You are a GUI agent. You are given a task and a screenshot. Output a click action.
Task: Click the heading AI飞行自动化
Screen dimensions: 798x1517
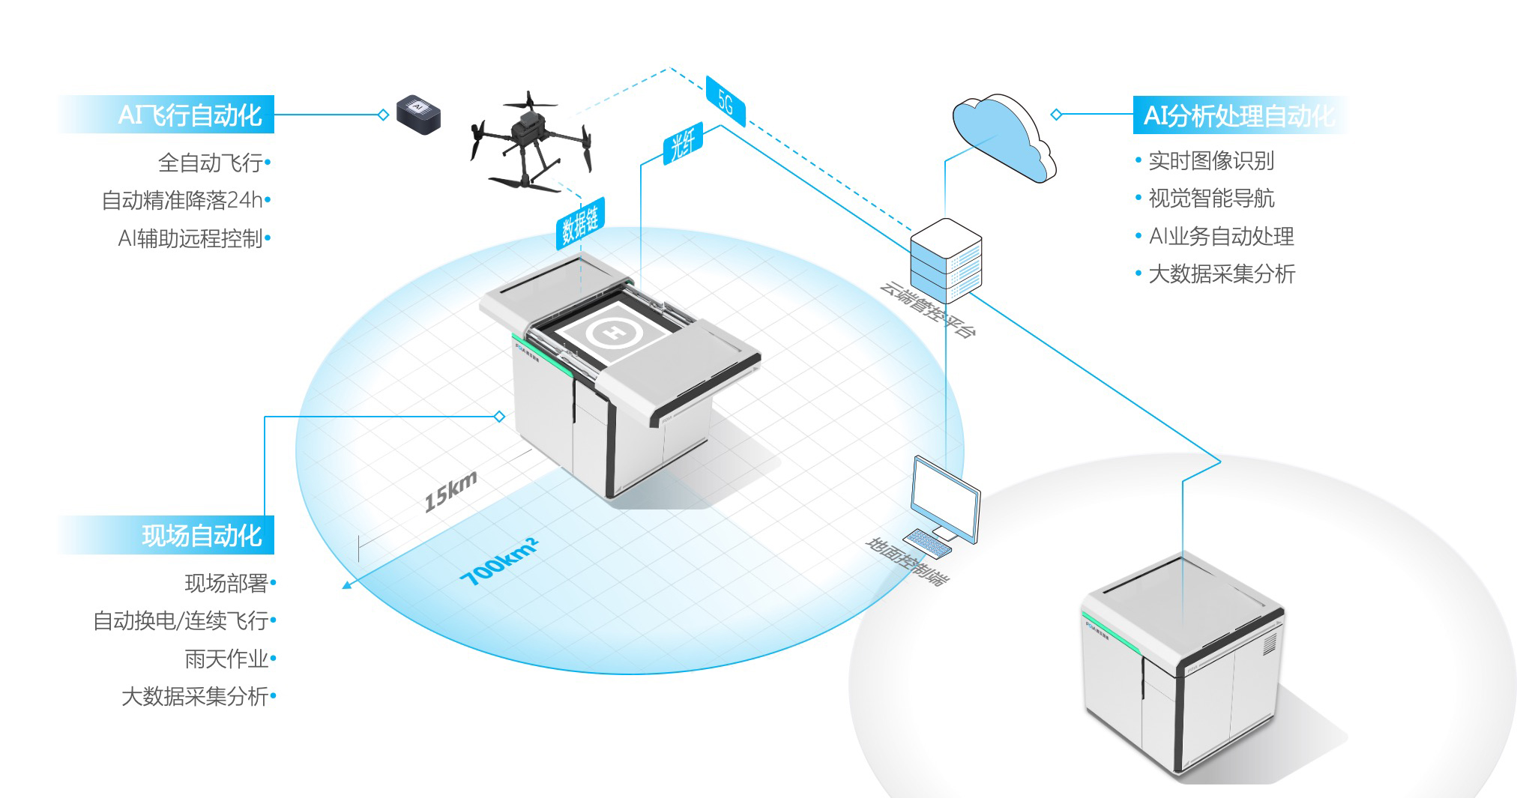tap(190, 115)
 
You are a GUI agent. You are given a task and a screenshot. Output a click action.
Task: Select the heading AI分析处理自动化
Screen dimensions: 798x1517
tap(1238, 116)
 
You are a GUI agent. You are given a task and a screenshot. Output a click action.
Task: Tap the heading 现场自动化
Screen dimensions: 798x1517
tap(202, 536)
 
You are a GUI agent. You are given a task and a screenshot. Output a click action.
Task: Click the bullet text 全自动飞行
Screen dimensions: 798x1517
tap(211, 163)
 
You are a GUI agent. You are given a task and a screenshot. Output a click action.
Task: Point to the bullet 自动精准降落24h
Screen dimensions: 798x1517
tap(182, 200)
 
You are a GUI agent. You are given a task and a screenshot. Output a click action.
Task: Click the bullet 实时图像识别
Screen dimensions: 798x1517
tap(1211, 160)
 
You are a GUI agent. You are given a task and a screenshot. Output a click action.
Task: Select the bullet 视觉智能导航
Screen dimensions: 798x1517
tap(1211, 198)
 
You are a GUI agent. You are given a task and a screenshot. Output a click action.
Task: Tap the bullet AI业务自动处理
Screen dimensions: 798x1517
tap(1221, 236)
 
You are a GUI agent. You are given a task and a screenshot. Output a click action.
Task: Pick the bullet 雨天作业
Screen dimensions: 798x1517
tap(226, 659)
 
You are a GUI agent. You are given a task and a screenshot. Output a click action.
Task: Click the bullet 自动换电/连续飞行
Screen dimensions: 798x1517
tap(181, 620)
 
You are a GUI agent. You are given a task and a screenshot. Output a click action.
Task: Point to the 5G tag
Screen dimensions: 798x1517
tap(726, 101)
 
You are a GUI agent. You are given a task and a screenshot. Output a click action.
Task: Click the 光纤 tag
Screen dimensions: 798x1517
tap(683, 143)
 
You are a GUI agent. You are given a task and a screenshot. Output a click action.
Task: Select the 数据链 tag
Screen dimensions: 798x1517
tap(580, 223)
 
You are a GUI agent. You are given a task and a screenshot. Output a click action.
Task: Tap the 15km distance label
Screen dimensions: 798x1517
tap(450, 492)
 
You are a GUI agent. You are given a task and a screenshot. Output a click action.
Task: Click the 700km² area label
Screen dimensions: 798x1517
tap(499, 561)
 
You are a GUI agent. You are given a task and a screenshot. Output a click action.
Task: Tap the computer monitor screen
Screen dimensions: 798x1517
tap(944, 497)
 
